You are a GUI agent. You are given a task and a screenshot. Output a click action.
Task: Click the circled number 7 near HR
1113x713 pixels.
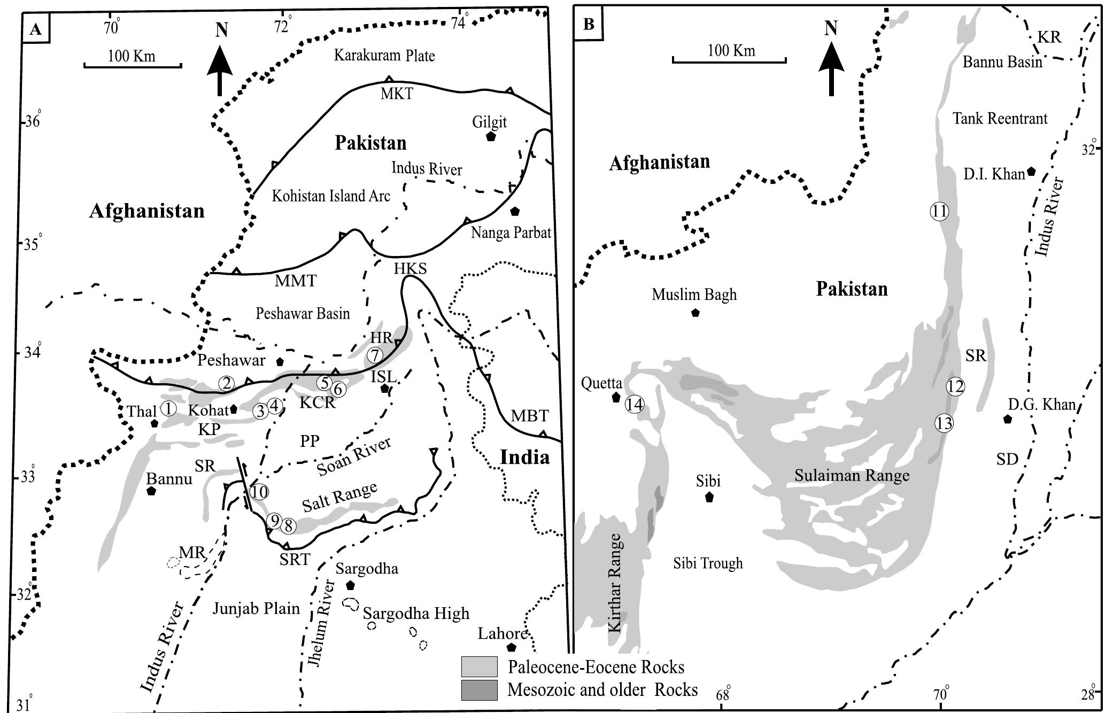coord(375,355)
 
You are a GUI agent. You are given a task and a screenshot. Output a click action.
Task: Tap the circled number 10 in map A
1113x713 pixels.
coord(259,492)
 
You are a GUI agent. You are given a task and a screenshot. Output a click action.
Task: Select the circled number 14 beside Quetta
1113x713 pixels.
coord(635,404)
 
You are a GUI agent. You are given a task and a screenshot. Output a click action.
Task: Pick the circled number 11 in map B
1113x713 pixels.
coord(939,211)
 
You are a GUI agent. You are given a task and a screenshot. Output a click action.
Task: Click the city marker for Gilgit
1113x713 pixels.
coord(491,136)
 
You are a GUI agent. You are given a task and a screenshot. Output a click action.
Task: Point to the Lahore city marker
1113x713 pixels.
coord(512,647)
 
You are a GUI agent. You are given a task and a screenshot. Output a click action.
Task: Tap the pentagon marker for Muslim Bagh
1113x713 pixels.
coord(695,313)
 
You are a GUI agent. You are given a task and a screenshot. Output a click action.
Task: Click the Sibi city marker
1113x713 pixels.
coord(709,497)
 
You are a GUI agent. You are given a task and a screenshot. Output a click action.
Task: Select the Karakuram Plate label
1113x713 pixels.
coord(384,56)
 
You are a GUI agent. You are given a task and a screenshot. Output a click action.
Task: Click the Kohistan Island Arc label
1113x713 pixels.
coord(331,196)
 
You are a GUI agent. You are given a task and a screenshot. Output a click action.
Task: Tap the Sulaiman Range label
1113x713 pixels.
coord(852,475)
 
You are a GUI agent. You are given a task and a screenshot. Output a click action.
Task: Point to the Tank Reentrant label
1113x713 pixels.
coord(1000,119)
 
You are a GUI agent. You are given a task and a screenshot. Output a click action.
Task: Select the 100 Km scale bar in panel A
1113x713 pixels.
coord(133,65)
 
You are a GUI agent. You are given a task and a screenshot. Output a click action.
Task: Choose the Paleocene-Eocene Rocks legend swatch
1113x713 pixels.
coord(479,667)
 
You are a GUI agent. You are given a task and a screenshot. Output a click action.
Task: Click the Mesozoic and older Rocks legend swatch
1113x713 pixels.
coord(479,689)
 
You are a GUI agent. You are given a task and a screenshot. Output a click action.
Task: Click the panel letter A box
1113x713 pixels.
coord(36,29)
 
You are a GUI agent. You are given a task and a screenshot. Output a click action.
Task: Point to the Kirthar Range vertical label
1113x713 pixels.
coord(615,583)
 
